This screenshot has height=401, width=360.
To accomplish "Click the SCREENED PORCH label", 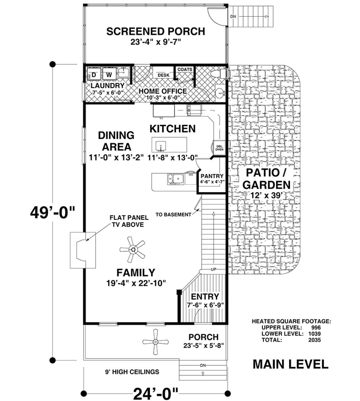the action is coord(156,32).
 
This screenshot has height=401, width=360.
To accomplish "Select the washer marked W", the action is coord(109,74).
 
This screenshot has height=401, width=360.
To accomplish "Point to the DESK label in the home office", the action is coord(163,75).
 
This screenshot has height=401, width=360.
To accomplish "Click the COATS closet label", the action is coord(185,69).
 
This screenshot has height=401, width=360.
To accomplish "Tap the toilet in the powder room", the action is coord(219,74).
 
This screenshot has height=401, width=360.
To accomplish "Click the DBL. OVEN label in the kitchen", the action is coord(219,148).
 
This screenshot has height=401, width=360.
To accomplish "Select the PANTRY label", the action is coord(212,176).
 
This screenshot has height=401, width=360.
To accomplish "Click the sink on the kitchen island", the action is coord(160,146).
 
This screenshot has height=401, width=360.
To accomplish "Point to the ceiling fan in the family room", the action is coord(133,249).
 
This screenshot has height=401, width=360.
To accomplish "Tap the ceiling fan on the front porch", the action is coord(155,342).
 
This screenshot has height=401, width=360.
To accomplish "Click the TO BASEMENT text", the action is coord(173,215).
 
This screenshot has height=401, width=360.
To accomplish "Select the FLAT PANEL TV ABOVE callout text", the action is coord(129,221).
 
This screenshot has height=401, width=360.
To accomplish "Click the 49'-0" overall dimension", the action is coord(53,213).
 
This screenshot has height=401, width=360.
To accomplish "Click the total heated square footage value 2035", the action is coord(314,340).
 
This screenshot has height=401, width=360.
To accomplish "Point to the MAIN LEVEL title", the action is coord(291,364).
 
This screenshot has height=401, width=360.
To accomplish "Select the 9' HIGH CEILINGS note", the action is coord(132,372).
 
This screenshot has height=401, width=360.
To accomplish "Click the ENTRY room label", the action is coord(205,297).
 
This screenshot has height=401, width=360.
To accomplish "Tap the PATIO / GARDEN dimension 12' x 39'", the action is coord(266,195).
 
